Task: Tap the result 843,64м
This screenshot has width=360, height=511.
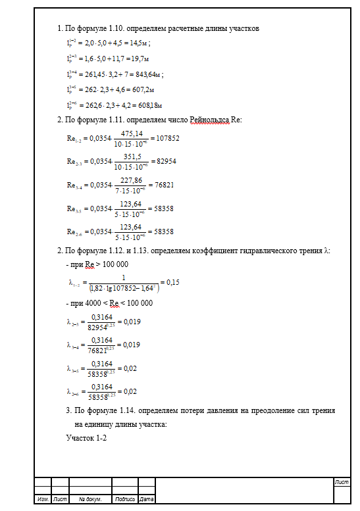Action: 147,74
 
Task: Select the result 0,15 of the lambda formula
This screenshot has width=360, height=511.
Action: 173,282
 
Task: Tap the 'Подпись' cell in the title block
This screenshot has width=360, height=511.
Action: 125,499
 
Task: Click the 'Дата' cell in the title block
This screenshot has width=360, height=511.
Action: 147,499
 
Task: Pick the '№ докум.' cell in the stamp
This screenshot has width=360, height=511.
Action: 90,499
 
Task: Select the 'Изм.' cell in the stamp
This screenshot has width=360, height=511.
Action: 43,499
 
